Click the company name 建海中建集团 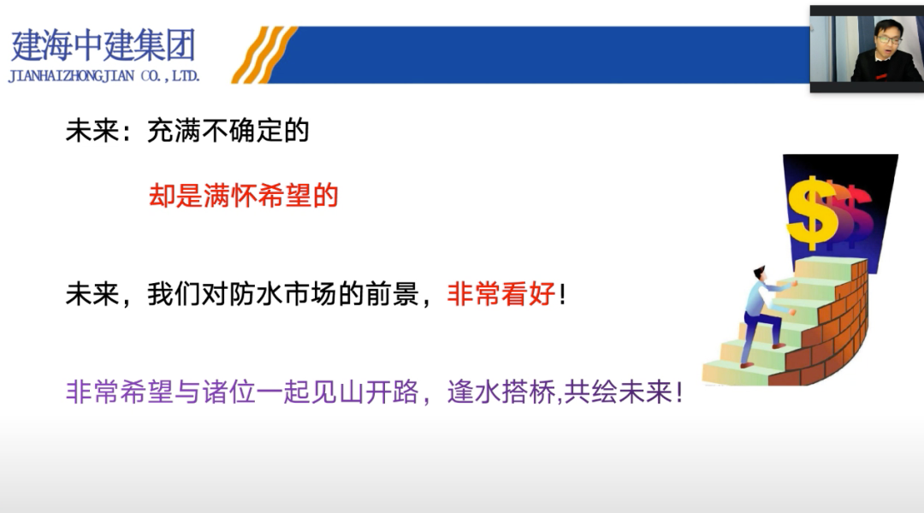click(x=104, y=44)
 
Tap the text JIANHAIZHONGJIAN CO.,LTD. click(x=104, y=76)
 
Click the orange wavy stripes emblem click(x=264, y=54)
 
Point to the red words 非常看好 click(x=501, y=295)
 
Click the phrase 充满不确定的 click(x=228, y=132)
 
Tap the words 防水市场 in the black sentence click(x=295, y=295)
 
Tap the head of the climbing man click(x=759, y=274)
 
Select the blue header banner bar click(x=548, y=54)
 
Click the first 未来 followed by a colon click(x=92, y=132)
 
